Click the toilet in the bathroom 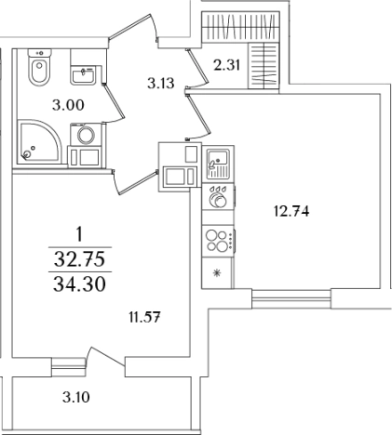coord(39,67)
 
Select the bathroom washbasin coord(83,74)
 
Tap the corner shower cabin coord(40,141)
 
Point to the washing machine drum coord(86,136)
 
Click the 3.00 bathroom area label coord(68,105)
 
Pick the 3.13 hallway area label coord(161,83)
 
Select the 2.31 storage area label coord(227,65)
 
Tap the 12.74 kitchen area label coord(291,212)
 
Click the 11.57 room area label coord(144,317)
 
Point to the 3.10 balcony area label coord(76,397)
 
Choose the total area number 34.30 coord(79,284)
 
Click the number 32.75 coord(79,259)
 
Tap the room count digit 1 coord(79,234)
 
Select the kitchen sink coord(218,164)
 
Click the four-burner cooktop coord(218,241)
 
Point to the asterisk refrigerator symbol coord(217,273)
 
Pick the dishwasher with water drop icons coord(218,197)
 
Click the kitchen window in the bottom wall coord(291,298)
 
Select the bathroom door coord(114,104)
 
